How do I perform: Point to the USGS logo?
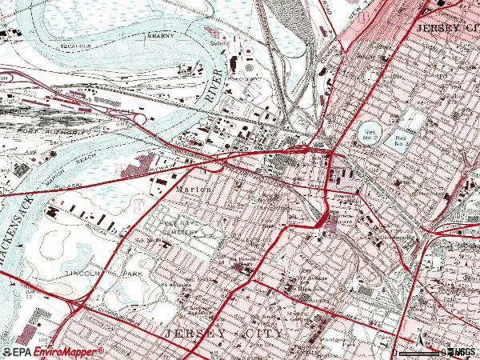pos(461,352)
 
